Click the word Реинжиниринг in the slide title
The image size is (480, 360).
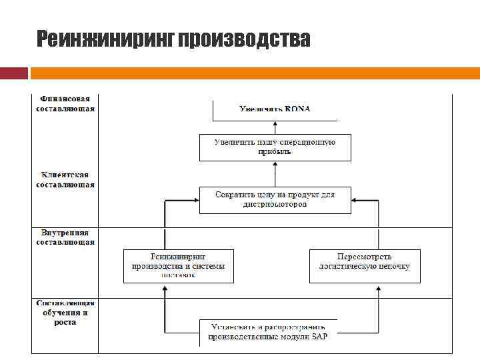[x=105, y=40]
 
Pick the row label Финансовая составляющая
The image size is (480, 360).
[x=65, y=103]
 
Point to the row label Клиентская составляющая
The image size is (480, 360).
[x=65, y=180]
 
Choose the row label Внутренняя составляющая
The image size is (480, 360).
[x=65, y=237]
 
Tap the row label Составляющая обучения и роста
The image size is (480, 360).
[x=65, y=313]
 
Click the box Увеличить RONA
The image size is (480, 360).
[x=275, y=109]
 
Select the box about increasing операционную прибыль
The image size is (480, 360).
[x=275, y=147]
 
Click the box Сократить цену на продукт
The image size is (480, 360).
[x=275, y=199]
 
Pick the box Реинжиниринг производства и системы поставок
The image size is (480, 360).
[x=178, y=265]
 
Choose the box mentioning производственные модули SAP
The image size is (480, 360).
[x=268, y=332]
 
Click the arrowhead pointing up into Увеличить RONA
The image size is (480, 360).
[x=275, y=123]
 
